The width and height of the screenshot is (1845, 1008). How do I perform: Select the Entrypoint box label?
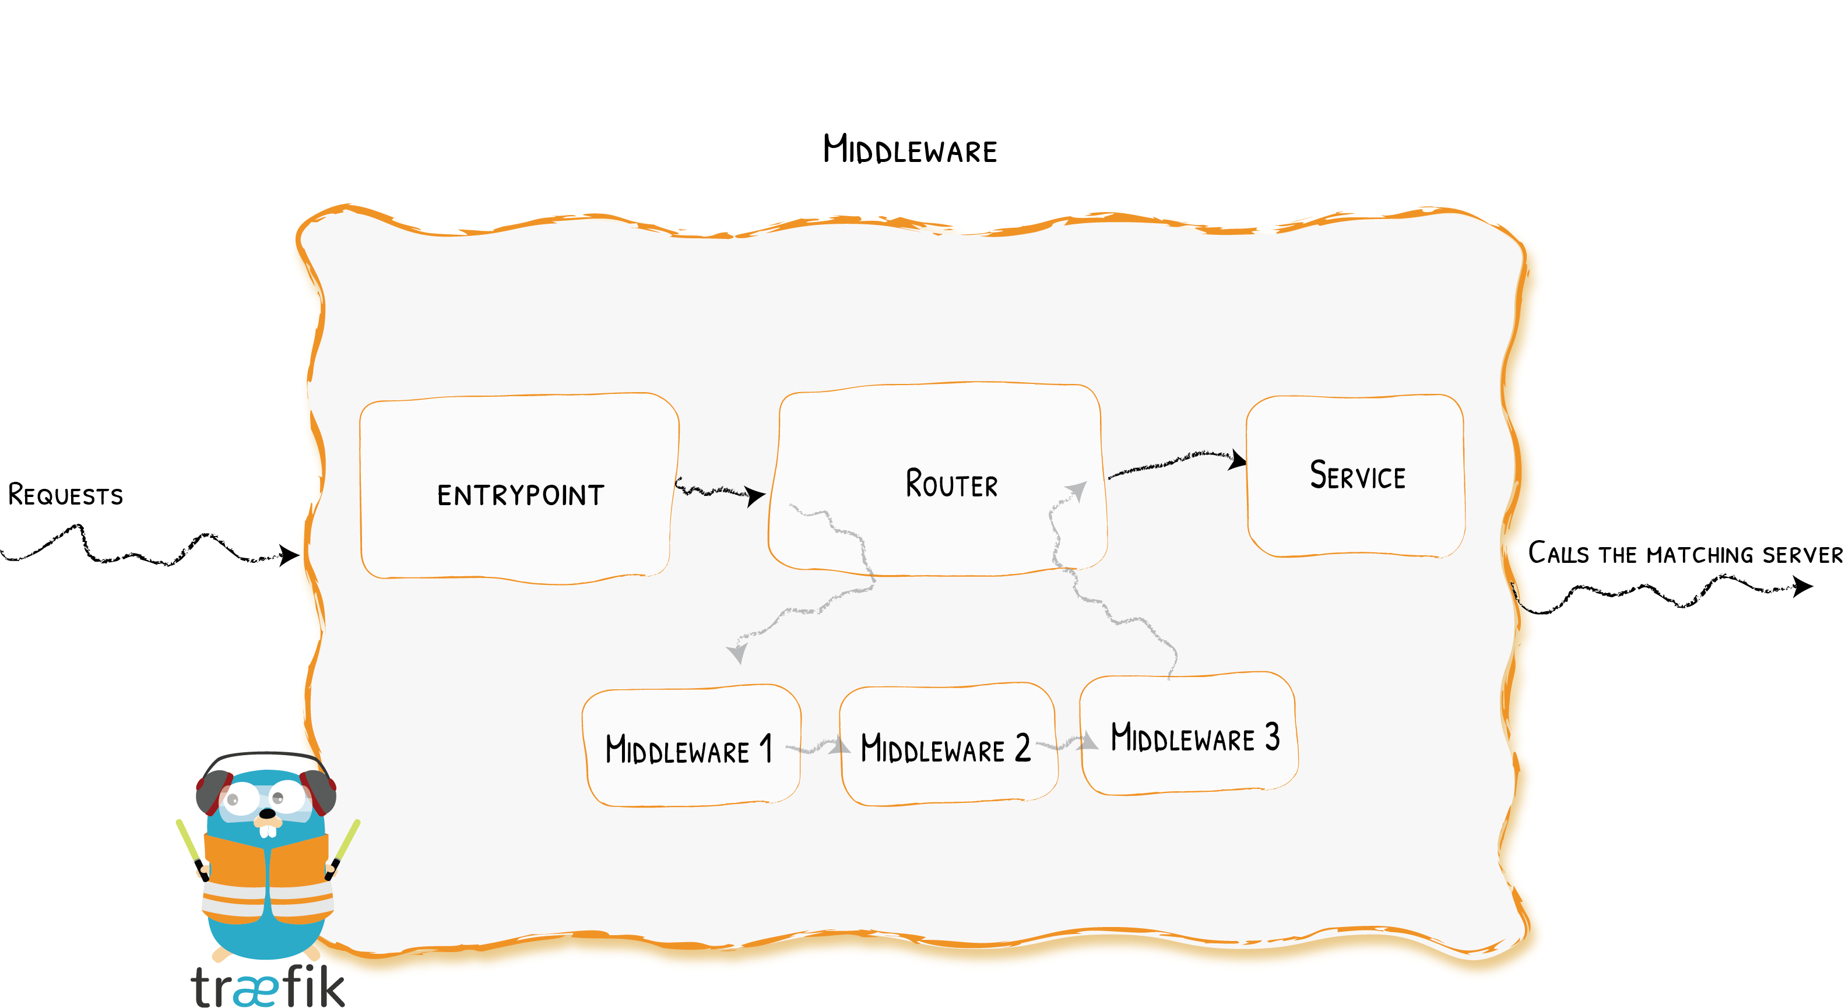pos(521,495)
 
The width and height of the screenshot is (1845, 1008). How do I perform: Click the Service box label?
pos(1357,476)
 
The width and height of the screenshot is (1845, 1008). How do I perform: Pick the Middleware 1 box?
pos(690,748)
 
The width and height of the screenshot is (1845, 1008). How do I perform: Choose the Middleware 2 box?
pos(946,748)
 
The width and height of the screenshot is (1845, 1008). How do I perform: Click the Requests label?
pos(65,495)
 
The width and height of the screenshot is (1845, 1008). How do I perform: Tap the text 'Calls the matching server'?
pos(1685,554)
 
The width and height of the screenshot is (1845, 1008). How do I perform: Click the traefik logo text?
pos(267,986)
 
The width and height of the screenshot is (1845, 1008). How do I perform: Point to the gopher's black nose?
pos(266,813)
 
